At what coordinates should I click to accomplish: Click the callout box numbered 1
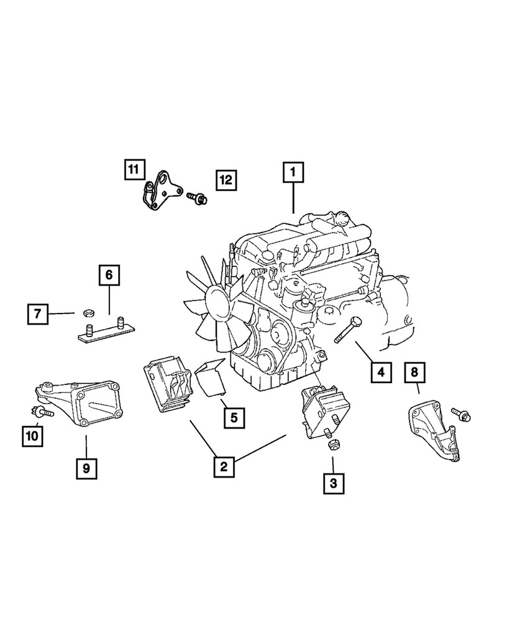pos(293,172)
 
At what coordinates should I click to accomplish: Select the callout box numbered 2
pos(224,466)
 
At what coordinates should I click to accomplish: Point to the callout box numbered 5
pos(234,418)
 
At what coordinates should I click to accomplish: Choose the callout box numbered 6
pos(109,275)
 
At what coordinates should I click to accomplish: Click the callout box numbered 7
pos(37,314)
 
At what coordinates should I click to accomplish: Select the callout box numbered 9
pos(86,468)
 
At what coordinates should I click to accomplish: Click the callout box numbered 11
pos(133,169)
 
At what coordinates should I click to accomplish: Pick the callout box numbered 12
pos(226,180)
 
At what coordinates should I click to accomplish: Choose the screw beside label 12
pos(197,197)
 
